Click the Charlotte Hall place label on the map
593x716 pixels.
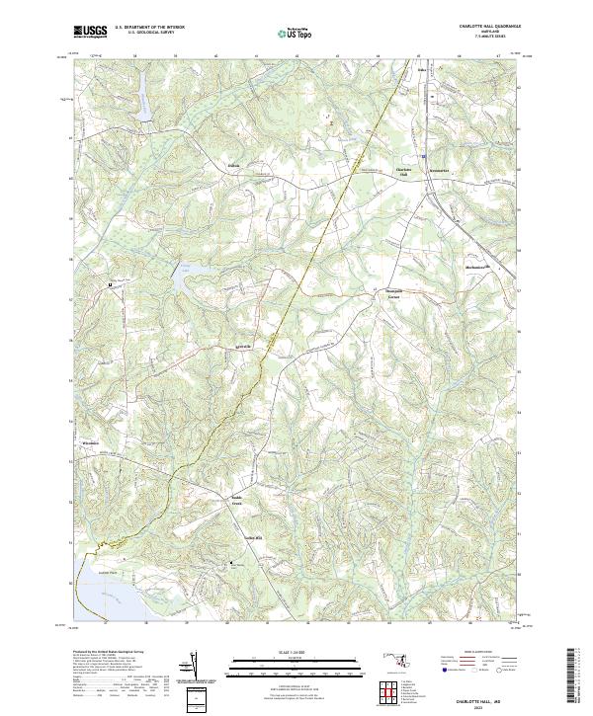pos(403,170)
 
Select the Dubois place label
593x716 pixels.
pos(234,165)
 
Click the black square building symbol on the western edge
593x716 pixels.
pos(110,284)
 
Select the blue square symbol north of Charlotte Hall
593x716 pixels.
pos(423,156)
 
